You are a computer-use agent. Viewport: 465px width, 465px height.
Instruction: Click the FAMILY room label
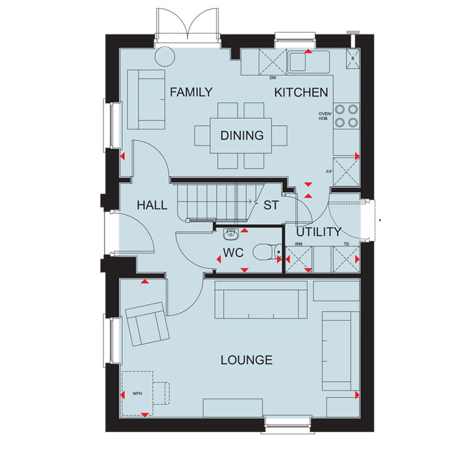(x=191, y=92)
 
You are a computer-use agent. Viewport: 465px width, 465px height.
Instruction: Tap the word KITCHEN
(x=301, y=92)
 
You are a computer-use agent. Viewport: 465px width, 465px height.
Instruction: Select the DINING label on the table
(x=242, y=136)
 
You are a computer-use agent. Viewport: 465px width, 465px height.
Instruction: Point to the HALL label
(x=152, y=205)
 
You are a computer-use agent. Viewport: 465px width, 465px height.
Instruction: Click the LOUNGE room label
(x=247, y=360)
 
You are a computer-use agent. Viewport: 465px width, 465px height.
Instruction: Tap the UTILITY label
(x=319, y=232)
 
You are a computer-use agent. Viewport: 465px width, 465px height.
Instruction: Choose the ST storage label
(x=271, y=205)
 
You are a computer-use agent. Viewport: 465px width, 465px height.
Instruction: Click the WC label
(x=233, y=253)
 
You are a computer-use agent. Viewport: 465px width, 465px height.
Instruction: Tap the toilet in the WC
(x=267, y=252)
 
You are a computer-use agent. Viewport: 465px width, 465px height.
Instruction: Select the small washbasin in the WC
(x=231, y=234)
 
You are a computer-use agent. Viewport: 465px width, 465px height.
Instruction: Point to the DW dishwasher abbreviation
(x=273, y=78)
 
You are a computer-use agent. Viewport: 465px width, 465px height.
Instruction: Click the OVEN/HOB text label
(x=325, y=116)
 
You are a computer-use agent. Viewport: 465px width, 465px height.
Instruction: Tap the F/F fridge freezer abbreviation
(x=329, y=172)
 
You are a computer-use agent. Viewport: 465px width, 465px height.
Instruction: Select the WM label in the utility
(x=299, y=244)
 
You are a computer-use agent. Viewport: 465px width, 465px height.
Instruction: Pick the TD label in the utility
(x=346, y=244)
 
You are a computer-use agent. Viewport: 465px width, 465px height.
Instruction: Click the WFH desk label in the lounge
(x=137, y=393)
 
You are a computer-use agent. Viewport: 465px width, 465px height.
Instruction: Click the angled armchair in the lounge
(x=147, y=324)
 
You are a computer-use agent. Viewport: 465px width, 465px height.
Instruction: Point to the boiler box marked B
(x=353, y=58)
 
